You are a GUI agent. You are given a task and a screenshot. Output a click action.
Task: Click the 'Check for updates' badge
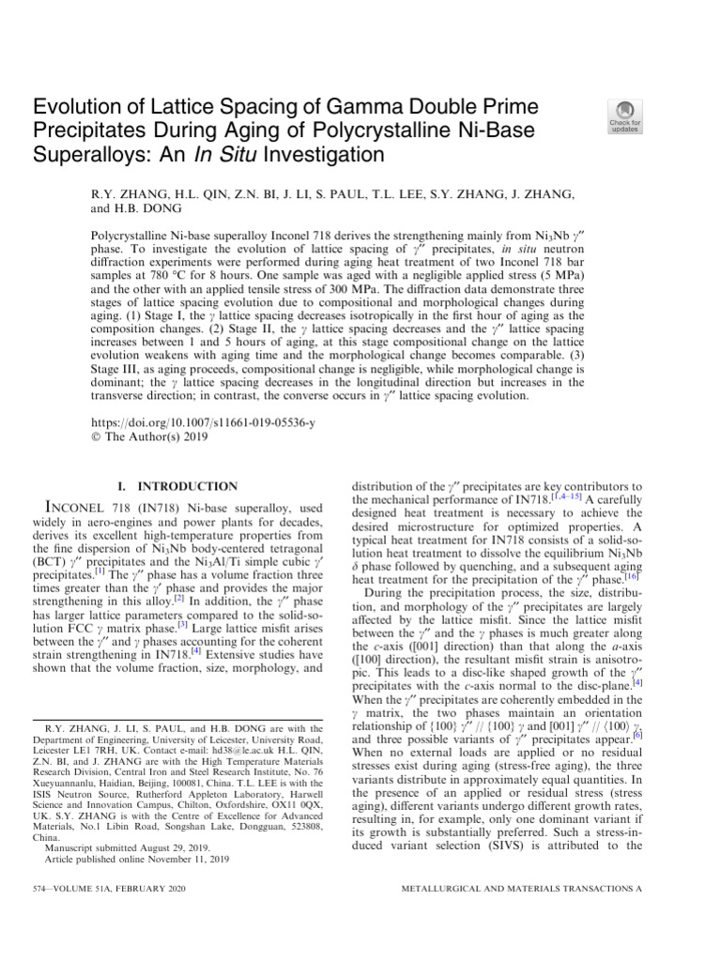click(626, 117)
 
